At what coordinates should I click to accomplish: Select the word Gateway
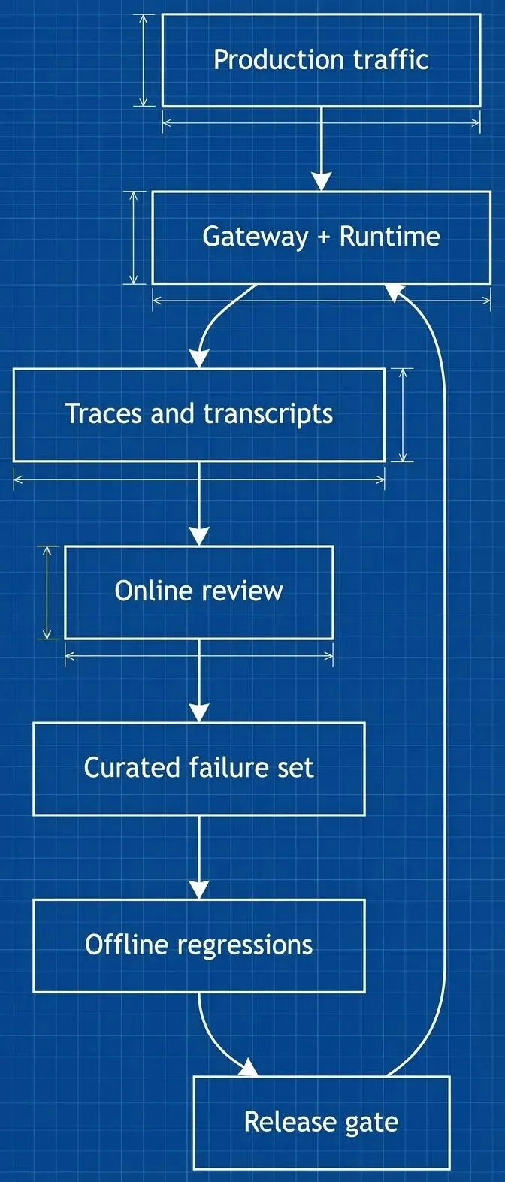255,237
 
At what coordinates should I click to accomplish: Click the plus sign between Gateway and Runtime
324,237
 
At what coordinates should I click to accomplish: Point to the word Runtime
389,237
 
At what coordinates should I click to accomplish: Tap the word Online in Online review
153,591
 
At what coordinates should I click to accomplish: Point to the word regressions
245,945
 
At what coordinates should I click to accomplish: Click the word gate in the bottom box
371,1123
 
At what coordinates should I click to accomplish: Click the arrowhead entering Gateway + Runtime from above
322,181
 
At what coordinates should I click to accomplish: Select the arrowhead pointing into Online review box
199,535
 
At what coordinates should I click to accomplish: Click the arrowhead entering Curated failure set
199,712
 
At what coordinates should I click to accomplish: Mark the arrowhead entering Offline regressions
199,889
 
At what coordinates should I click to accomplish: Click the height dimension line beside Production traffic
144,60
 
